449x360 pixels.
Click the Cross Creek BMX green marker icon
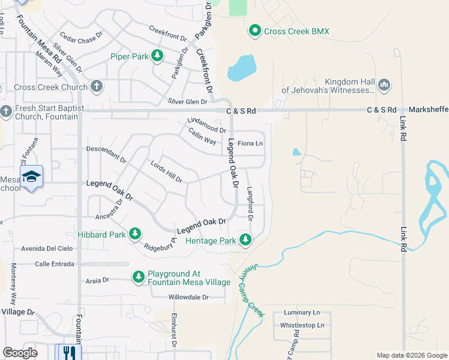(x=255, y=31)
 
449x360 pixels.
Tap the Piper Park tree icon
(x=157, y=56)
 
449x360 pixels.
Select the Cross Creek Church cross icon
(x=97, y=87)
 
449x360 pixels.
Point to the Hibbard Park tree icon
(x=135, y=234)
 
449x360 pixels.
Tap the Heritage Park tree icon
(x=245, y=240)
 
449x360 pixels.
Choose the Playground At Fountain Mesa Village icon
(x=138, y=277)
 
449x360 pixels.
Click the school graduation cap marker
(x=31, y=176)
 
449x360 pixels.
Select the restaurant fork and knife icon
(x=68, y=352)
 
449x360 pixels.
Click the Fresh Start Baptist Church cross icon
(x=6, y=112)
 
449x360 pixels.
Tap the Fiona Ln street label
(x=250, y=143)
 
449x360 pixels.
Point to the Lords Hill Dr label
(x=166, y=172)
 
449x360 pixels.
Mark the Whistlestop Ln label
(x=302, y=325)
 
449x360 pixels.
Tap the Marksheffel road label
(x=428, y=110)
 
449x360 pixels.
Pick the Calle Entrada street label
(x=55, y=264)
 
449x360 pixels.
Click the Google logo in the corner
(x=20, y=353)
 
